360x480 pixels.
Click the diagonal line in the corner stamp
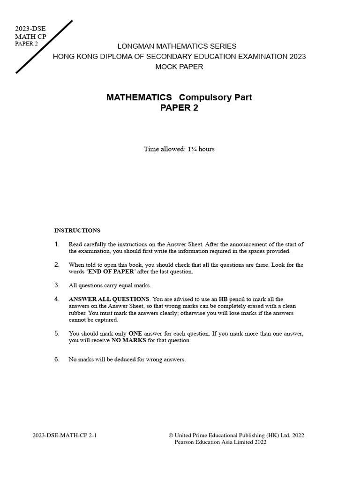click(45, 47)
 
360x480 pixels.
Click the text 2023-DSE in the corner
click(30, 29)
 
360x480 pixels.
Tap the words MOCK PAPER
click(180, 67)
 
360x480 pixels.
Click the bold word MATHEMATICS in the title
click(139, 97)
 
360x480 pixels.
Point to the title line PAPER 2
click(180, 108)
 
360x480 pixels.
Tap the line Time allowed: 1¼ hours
click(180, 149)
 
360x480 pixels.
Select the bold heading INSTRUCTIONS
click(77, 231)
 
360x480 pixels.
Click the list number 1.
click(57, 244)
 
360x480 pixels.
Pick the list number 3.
click(57, 285)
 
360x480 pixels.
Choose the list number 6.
click(57, 360)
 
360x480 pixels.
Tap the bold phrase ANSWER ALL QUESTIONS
click(109, 299)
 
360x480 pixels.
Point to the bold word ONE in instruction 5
click(135, 334)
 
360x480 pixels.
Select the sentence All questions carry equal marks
click(110, 285)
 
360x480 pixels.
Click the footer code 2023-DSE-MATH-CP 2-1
click(65, 435)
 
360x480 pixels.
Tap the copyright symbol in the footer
click(171, 435)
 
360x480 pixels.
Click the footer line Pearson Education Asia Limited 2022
click(220, 442)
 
